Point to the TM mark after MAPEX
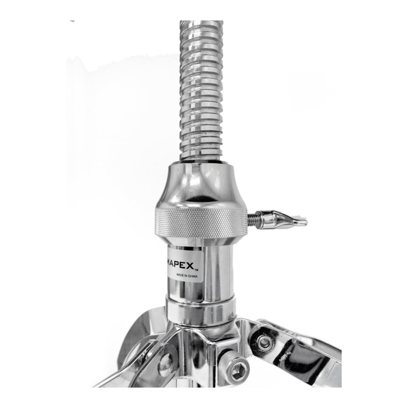pyautogui.click(x=196, y=270)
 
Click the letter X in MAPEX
pyautogui.click(x=190, y=266)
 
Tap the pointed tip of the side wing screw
pyautogui.click(x=306, y=222)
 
